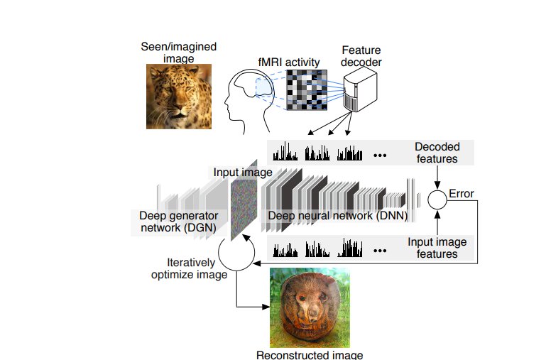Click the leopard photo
179,97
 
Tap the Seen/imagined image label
179,53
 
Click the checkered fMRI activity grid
307,90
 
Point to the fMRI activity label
289,62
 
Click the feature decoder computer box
361,89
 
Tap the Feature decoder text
361,56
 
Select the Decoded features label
437,153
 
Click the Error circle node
437,200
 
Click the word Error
462,194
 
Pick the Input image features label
437,248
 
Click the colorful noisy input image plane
244,200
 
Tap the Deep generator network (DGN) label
179,222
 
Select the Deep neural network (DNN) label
338,216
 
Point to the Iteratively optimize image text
189,268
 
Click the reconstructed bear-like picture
310,307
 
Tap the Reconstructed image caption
310,355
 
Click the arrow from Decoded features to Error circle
437,178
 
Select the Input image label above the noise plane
243,173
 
